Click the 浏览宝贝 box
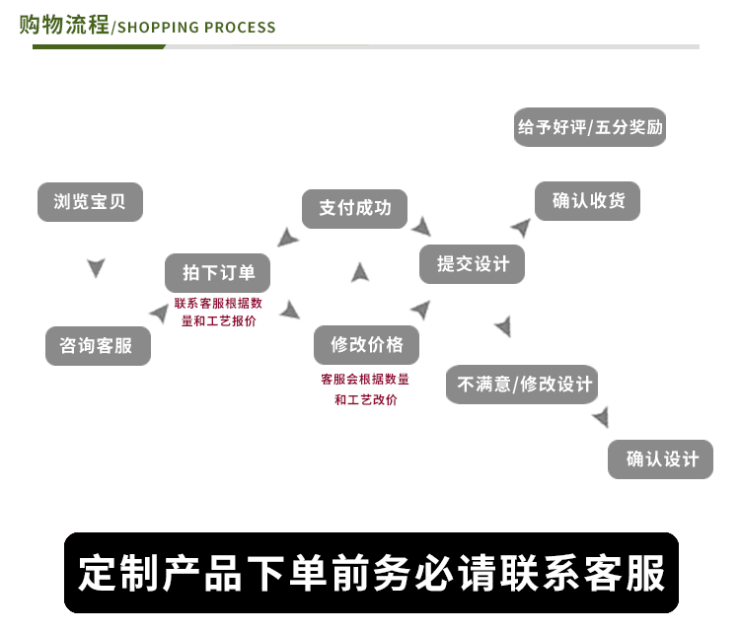pos(90,202)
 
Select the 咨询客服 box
pos(98,346)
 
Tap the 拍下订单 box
pos(217,273)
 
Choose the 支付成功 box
pos(354,209)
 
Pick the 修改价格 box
pos(367,345)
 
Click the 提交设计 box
pos(473,264)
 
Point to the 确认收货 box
pos(587,201)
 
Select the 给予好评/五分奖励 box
pos(590,127)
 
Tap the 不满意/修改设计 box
pos(522,384)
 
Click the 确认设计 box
pos(660,459)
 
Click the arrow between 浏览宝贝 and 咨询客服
pos(96,267)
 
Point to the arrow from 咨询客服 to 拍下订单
pos(158,314)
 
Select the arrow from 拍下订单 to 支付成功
pos(287,238)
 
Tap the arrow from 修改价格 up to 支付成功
pos(360,273)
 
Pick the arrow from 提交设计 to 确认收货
pos(520,228)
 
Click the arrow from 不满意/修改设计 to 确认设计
pos(601,418)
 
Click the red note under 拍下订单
pos(218,313)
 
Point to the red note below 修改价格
pos(365,389)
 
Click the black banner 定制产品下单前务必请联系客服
pos(371,573)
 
